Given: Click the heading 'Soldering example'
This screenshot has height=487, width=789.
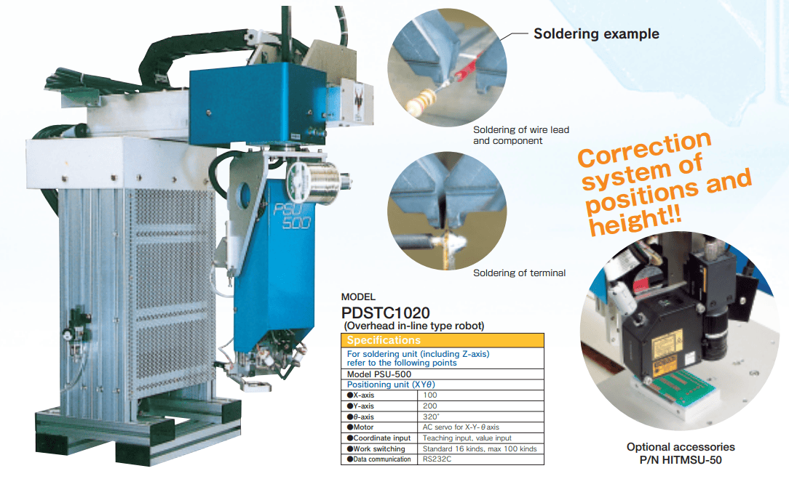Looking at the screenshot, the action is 596,33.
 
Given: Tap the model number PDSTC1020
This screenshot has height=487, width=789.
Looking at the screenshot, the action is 386,313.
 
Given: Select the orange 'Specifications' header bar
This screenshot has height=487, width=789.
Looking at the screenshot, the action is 443,340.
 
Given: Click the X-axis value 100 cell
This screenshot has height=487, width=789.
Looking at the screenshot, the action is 480,395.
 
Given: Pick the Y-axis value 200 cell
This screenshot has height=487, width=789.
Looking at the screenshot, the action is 480,406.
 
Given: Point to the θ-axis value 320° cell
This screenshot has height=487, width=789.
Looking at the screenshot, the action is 480,416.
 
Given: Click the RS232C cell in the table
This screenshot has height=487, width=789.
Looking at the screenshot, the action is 480,459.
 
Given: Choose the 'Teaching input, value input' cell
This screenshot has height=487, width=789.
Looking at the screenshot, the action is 480,438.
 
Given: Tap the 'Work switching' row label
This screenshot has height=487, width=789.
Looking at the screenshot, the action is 379,448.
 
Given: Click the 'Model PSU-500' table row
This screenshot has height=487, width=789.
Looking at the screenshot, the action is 443,374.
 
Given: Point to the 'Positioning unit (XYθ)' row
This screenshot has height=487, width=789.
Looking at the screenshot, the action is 443,385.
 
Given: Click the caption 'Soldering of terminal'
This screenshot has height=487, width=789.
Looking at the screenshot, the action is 519,273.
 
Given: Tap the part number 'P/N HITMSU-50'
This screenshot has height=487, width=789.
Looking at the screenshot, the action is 681,460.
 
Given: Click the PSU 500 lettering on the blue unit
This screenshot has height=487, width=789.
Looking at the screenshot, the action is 293,215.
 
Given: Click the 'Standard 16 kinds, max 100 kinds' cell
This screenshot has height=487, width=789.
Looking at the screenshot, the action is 480,448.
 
